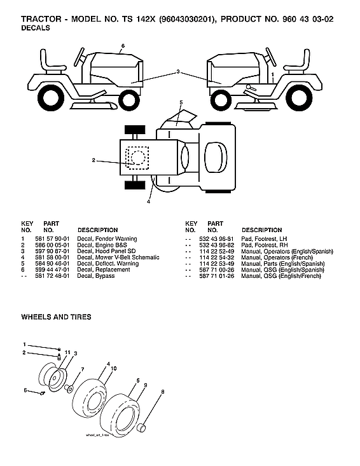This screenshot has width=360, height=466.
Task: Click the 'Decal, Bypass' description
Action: click(x=95, y=276)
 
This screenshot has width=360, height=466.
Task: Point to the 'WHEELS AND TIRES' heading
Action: click(x=56, y=317)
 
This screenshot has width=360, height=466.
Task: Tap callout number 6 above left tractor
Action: click(x=123, y=45)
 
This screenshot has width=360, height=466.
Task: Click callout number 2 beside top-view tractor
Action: click(x=93, y=160)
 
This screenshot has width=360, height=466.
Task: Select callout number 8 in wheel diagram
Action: click(x=162, y=392)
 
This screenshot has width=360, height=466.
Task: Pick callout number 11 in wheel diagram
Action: click(x=67, y=352)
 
